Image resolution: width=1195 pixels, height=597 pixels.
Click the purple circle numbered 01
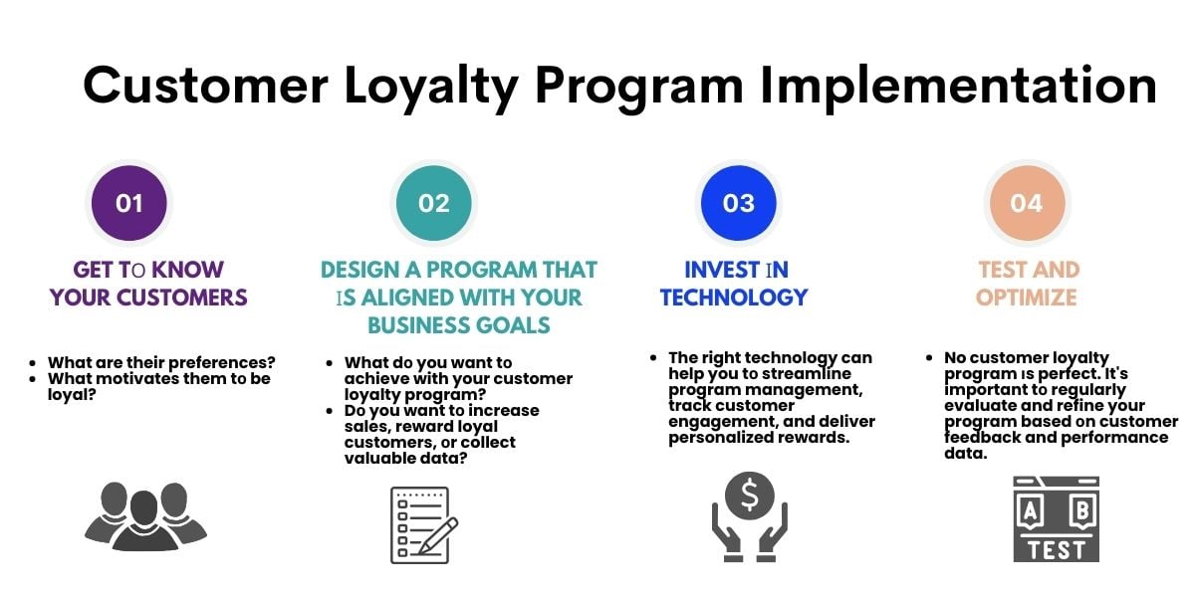tap(129, 203)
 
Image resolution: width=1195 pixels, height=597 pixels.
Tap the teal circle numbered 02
tap(434, 203)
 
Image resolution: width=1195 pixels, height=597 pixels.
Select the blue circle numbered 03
tap(738, 203)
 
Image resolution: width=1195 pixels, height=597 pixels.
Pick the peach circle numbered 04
tap(1026, 203)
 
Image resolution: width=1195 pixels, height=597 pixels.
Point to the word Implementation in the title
tap(958, 86)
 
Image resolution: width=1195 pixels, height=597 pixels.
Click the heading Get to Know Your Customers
tap(148, 283)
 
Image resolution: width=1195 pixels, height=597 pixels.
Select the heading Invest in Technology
tap(734, 283)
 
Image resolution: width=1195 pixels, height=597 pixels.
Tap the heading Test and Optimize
tap(1028, 283)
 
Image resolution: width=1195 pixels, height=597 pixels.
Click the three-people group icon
tap(145, 516)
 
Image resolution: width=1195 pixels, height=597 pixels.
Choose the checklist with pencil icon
tap(423, 524)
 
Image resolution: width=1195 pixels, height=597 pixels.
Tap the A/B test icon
tap(1056, 518)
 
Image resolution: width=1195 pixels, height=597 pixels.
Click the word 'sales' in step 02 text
tap(365, 426)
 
